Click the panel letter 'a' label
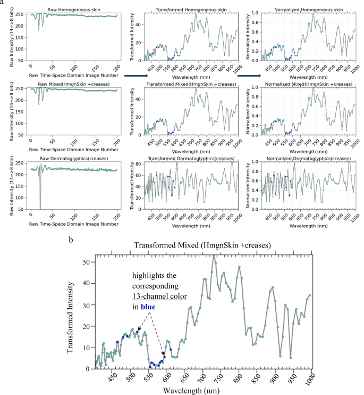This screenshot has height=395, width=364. pyautogui.click(x=3, y=3)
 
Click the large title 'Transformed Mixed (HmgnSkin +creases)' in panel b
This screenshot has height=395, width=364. pyautogui.click(x=204, y=245)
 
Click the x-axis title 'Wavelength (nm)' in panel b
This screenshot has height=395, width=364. pyautogui.click(x=203, y=390)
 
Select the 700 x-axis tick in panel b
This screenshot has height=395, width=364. pyautogui.click(x=202, y=378)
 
